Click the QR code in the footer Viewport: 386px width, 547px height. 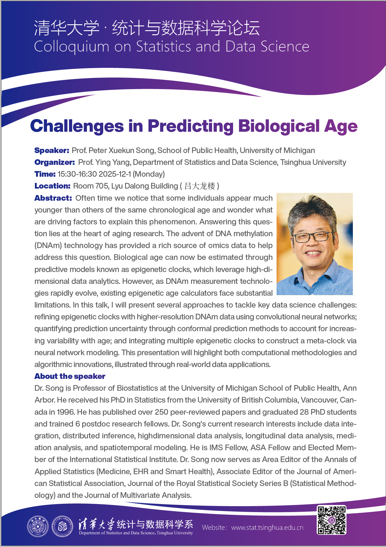point(331,520)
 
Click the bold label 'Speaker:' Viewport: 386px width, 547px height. point(52,150)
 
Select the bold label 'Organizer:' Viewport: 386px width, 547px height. point(54,162)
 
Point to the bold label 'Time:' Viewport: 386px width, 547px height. point(45,174)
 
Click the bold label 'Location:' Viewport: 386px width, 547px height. point(52,186)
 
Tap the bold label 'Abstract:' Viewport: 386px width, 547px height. point(53,198)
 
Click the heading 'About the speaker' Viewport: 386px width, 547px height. point(70,376)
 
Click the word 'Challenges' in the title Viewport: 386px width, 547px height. point(77,126)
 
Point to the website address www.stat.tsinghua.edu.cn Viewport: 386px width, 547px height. point(267,527)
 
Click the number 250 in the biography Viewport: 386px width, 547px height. point(161,412)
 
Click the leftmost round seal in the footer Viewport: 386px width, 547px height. point(38,527)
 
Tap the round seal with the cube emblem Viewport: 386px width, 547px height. point(62,527)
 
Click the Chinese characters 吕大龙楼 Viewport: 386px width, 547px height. point(200,186)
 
